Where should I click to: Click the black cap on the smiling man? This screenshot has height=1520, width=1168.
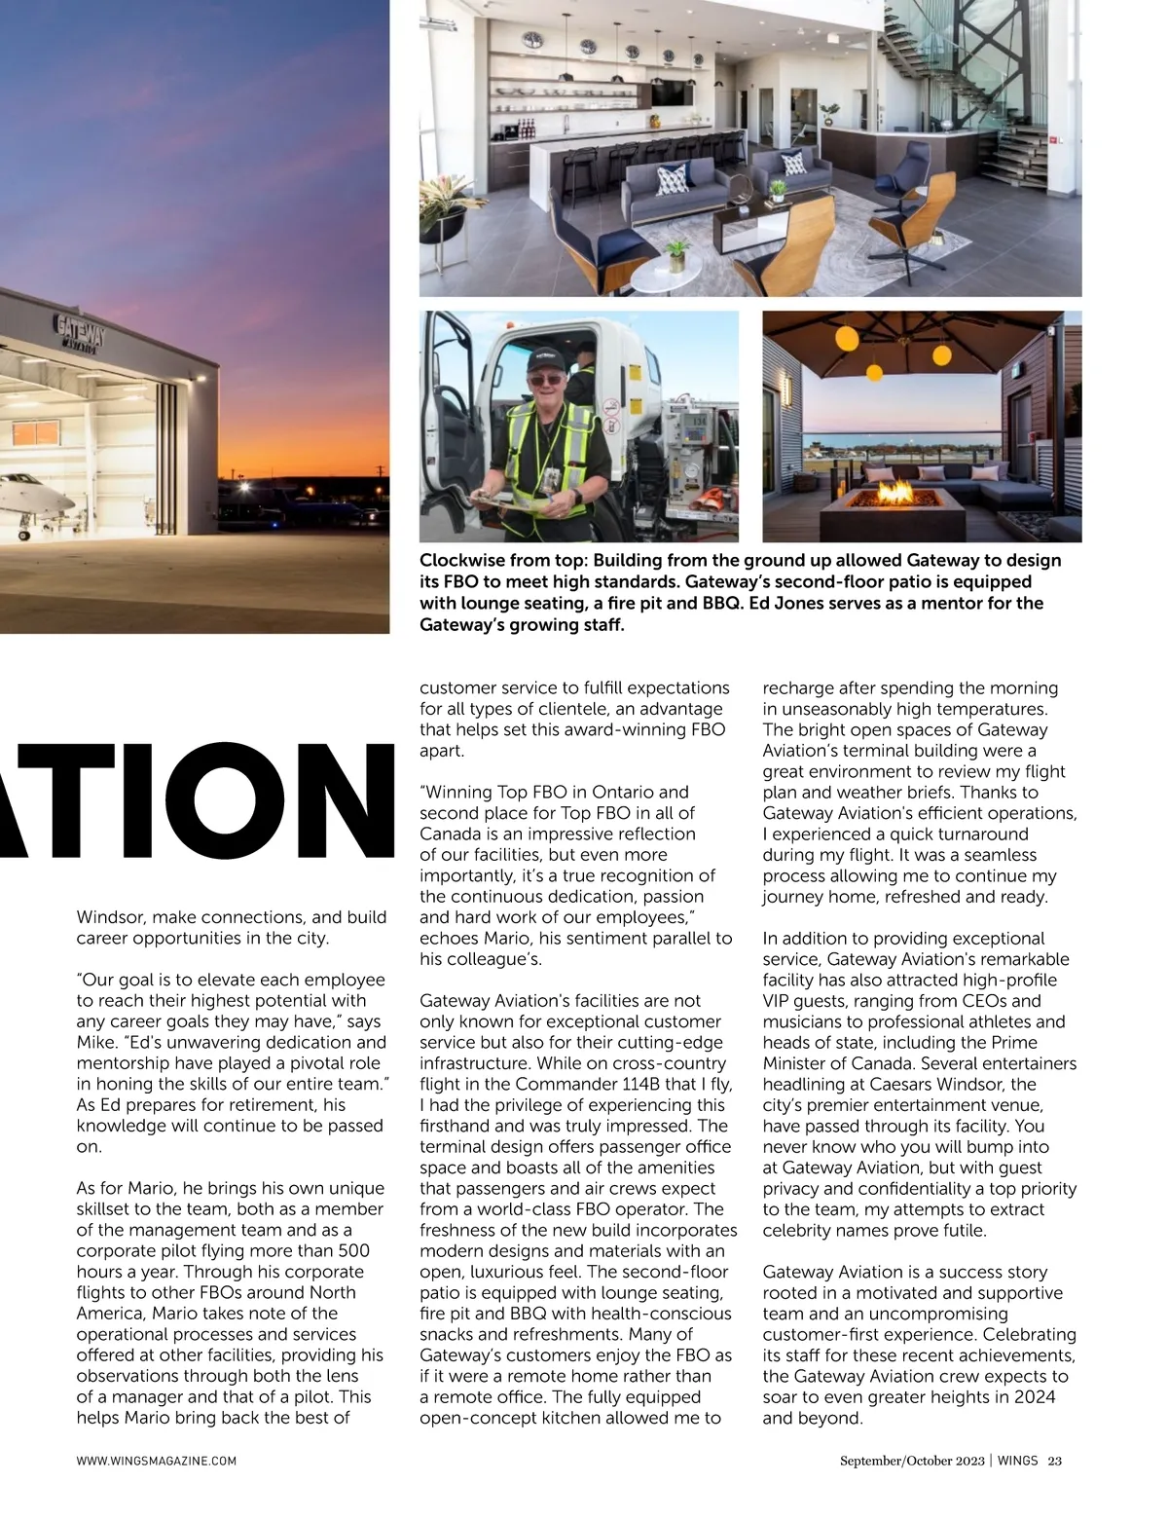pyautogui.click(x=549, y=360)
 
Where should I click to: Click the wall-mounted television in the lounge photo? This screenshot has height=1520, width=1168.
pyautogui.click(x=669, y=93)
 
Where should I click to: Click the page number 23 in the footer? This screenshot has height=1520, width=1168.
pyautogui.click(x=1054, y=1460)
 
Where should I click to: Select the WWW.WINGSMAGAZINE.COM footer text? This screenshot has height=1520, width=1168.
pyautogui.click(x=157, y=1461)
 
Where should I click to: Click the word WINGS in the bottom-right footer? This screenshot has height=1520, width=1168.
pyautogui.click(x=1017, y=1460)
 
